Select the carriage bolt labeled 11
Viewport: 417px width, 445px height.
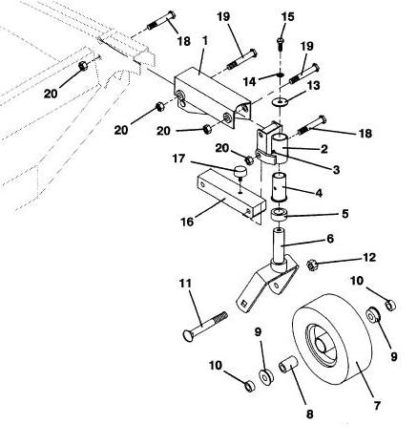tap(205, 327)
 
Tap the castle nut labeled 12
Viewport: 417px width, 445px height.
tap(312, 265)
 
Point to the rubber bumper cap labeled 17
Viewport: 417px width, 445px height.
tap(240, 172)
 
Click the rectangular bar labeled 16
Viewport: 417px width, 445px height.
tap(231, 194)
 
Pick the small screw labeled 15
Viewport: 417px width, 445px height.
tap(281, 43)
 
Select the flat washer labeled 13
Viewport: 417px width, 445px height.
tap(280, 102)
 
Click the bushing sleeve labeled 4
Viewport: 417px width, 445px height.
tap(280, 187)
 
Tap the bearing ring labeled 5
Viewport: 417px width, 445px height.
tap(279, 214)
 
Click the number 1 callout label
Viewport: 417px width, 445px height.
tap(204, 41)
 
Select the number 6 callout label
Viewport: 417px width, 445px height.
tap(330, 238)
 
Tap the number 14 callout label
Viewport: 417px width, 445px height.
tap(249, 81)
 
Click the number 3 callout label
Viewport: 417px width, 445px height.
tap(336, 170)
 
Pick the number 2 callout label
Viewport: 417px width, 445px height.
tap(323, 149)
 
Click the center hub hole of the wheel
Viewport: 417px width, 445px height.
tap(321, 344)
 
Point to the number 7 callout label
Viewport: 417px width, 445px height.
tap(377, 406)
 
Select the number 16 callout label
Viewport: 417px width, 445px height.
tap(187, 222)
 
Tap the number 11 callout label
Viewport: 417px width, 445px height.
tap(186, 283)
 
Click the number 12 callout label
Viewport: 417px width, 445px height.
tap(369, 257)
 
